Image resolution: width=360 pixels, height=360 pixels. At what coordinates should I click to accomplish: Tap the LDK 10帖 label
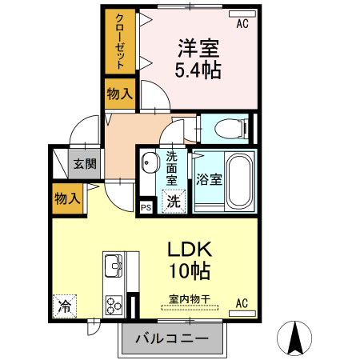coord(189,260)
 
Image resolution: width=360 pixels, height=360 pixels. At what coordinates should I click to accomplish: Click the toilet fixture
coord(226,127)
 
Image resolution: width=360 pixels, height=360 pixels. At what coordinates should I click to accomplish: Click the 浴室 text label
coord(209,180)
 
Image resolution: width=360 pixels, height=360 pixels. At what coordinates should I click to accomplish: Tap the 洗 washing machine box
coord(174,202)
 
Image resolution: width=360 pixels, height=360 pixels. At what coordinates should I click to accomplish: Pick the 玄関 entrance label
coord(84,165)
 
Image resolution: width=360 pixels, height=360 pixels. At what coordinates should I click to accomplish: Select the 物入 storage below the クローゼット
coord(119,93)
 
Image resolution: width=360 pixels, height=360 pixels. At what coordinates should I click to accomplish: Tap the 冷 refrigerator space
coord(65,305)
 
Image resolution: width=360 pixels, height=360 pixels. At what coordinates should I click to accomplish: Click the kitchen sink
coord(112,265)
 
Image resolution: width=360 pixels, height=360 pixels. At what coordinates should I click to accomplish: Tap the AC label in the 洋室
coord(242,24)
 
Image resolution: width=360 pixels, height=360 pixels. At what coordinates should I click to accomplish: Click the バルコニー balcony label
coord(171,339)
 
